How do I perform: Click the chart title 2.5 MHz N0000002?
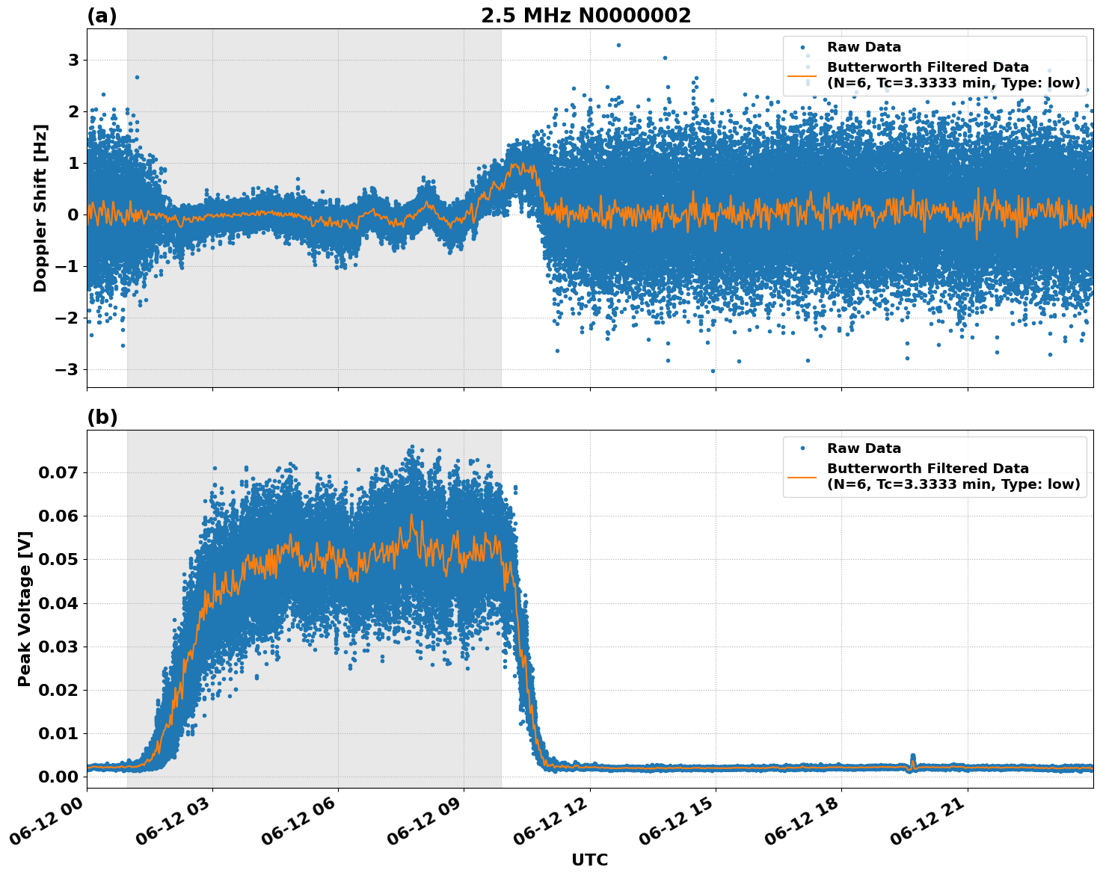click(x=586, y=16)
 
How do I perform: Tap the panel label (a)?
click(x=102, y=16)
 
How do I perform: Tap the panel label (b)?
click(x=102, y=417)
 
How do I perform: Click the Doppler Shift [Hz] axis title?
click(x=40, y=208)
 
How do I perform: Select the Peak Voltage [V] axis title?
click(x=25, y=608)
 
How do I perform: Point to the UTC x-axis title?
click(x=589, y=860)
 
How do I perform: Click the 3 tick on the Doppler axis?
click(x=73, y=60)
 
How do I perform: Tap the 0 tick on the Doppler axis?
click(x=73, y=215)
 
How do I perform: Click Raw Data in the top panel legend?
click(x=864, y=48)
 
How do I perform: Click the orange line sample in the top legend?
click(x=802, y=75)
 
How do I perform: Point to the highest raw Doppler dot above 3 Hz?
click(x=618, y=45)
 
